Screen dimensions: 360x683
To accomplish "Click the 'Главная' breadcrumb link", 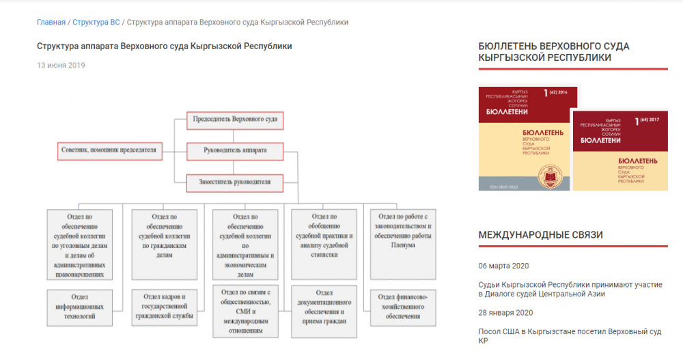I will pos(51,22).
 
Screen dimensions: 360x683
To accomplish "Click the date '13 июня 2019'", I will pos(61,66).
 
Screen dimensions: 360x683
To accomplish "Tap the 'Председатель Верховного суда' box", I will pos(235,120).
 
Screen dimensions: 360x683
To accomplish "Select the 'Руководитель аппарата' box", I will pos(235,150).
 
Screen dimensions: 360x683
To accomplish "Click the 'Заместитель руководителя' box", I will pos(235,182).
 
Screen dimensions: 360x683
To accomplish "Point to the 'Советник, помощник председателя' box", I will pos(109,150).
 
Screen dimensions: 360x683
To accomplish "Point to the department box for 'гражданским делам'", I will pos(164,244).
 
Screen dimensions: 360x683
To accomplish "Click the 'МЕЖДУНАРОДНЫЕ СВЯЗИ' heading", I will pos(540,235).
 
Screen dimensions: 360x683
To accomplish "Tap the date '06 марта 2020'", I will pos(505,266).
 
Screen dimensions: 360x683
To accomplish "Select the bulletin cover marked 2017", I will pos(619,150).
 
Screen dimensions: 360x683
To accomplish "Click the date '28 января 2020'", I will pos(505,313).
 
